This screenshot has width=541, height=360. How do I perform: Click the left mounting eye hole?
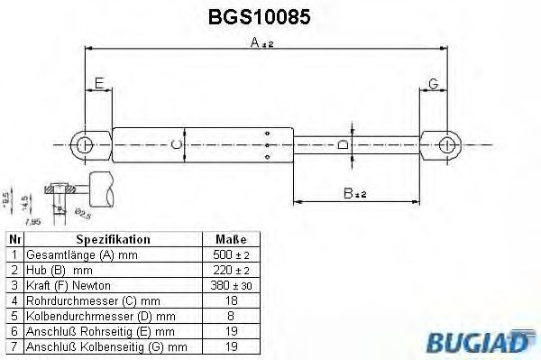[84, 144]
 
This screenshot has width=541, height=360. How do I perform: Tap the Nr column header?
[14, 240]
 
